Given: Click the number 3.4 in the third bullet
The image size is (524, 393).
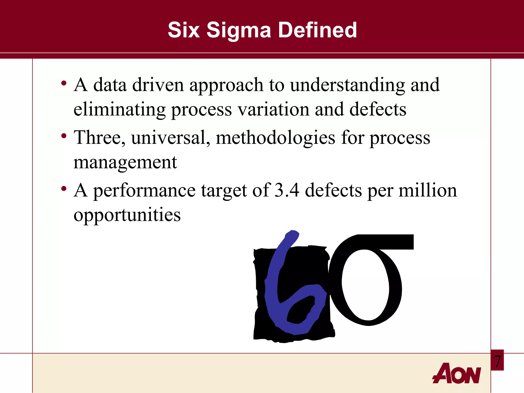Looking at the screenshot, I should pos(287,190).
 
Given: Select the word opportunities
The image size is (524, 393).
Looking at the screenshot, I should pos(127,215).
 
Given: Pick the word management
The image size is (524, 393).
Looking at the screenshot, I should pos(125,162).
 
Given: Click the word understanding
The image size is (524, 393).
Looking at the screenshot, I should pos(347,85).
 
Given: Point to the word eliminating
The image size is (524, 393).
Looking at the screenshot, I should pos(119,110).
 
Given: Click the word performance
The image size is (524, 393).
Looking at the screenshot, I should pos(144,191).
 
